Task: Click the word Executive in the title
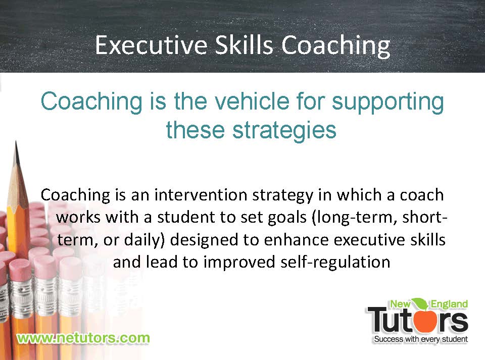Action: click(151, 45)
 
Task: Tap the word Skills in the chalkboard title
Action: click(244, 45)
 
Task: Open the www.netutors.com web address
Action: click(83, 338)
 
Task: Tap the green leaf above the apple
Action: click(420, 303)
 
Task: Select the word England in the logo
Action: click(449, 304)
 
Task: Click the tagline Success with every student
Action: click(421, 339)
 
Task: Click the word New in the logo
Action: click(400, 304)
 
